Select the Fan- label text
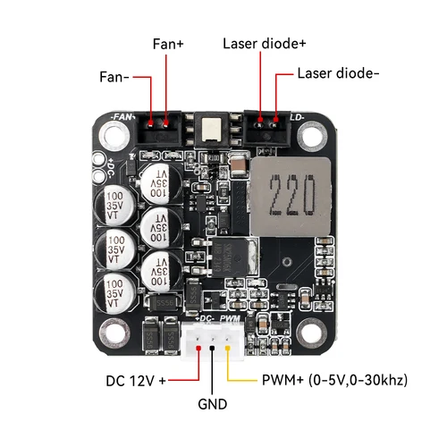click(x=114, y=78)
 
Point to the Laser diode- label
click(x=337, y=74)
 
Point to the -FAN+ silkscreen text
click(x=121, y=116)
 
